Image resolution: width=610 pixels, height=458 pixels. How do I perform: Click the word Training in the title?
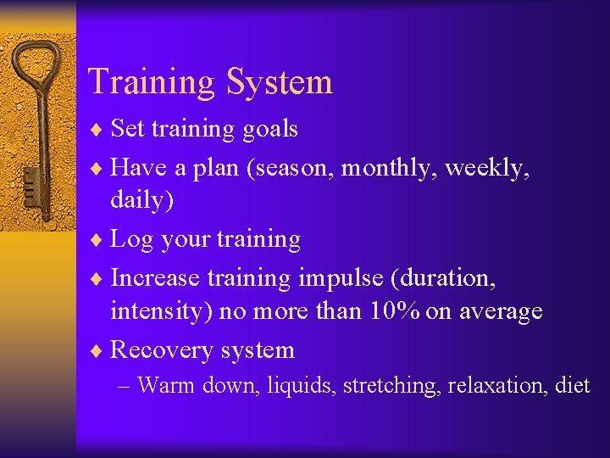coord(151,82)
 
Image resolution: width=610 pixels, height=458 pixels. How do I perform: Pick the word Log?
coord(130,240)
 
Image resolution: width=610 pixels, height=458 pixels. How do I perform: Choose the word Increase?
coord(155,277)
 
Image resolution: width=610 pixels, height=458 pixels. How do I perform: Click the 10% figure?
coord(396,311)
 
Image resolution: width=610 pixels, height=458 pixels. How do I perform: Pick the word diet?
coord(573,385)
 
